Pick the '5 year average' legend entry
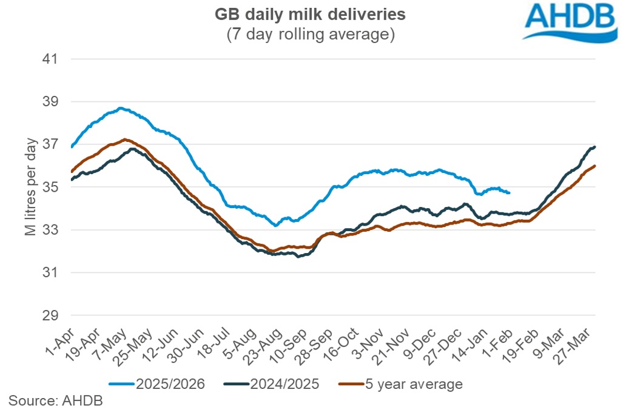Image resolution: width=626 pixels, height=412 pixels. pyautogui.click(x=402, y=384)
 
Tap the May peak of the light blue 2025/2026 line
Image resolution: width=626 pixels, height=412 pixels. pyautogui.click(x=121, y=108)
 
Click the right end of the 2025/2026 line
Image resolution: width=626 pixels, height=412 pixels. pyautogui.click(x=509, y=192)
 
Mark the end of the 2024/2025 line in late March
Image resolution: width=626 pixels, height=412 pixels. pyautogui.click(x=594, y=147)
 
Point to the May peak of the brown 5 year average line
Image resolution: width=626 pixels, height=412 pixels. pyautogui.click(x=124, y=140)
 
